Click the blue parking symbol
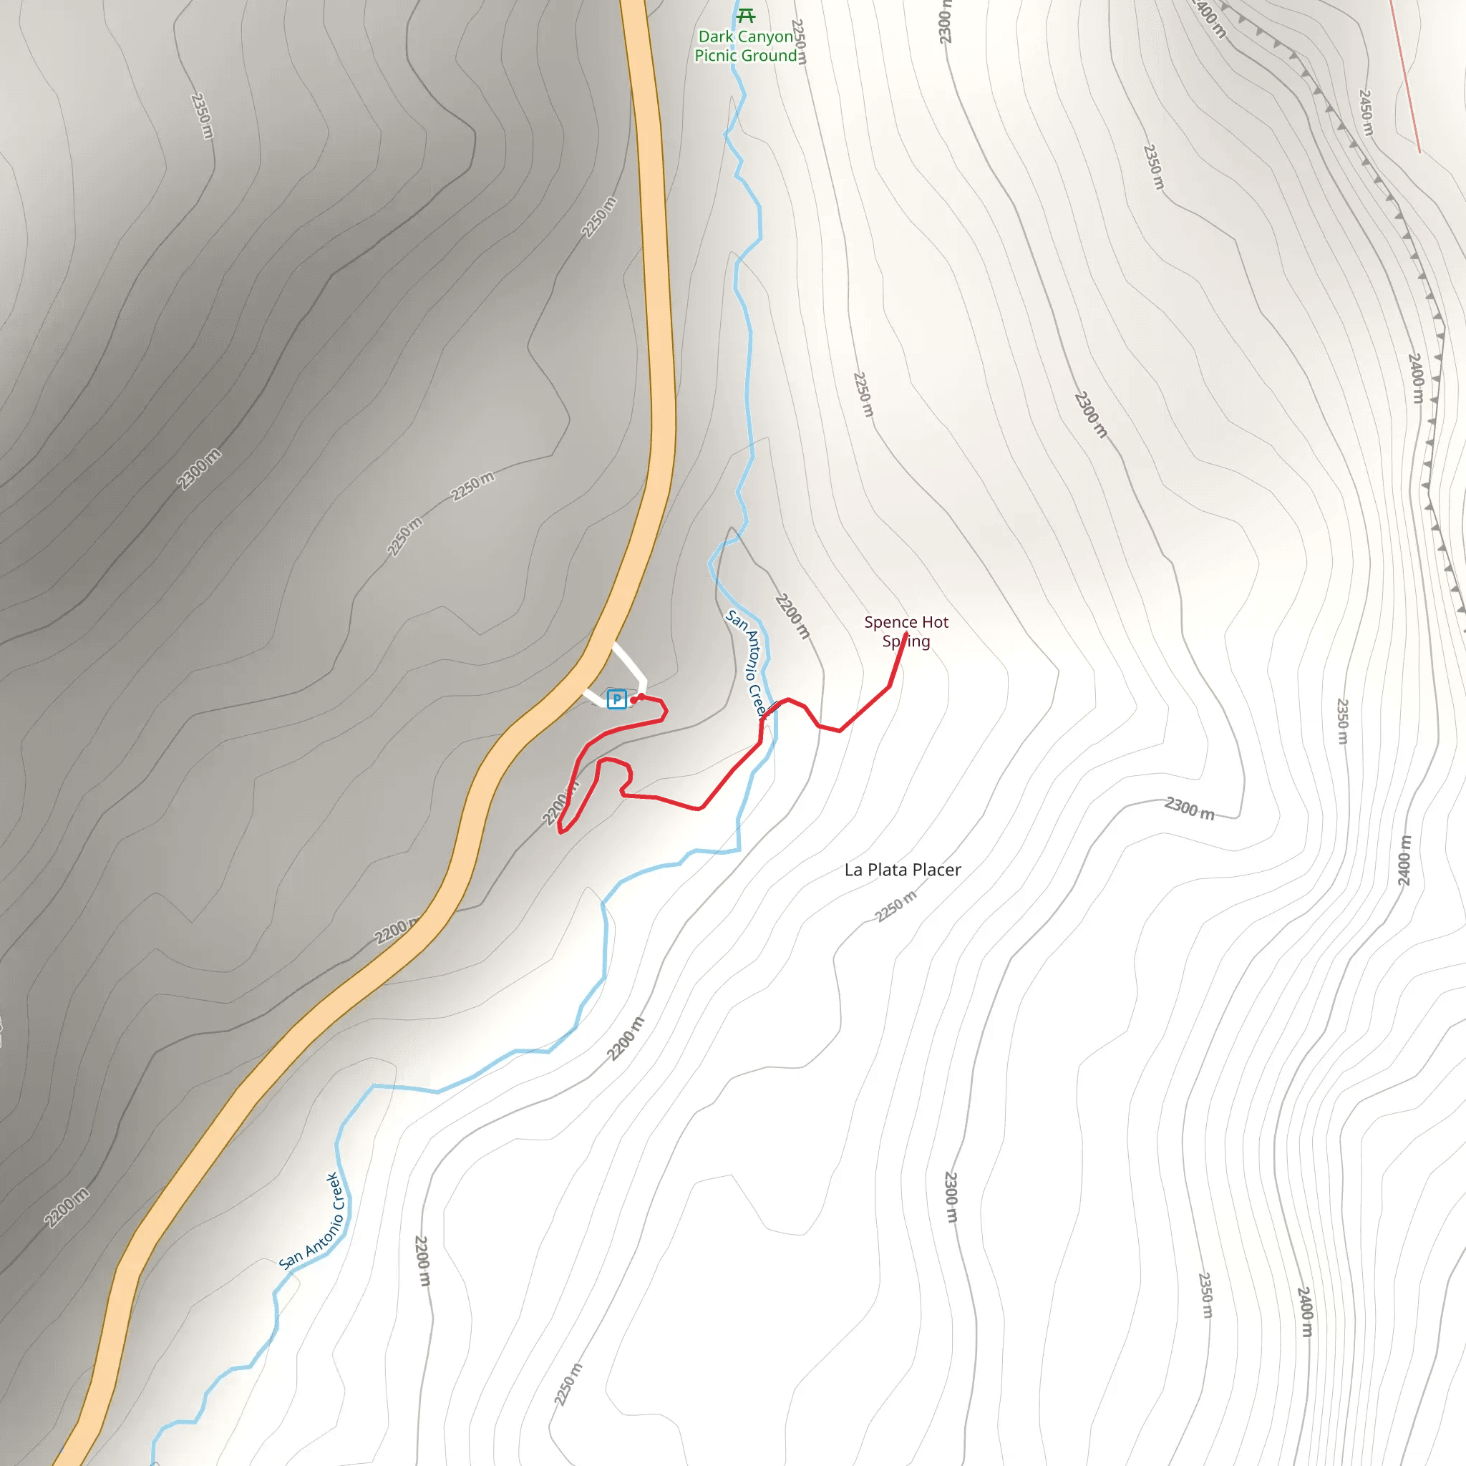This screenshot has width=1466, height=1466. click(616, 699)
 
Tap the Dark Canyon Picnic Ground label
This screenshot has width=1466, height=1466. click(746, 47)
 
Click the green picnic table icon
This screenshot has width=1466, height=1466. click(746, 16)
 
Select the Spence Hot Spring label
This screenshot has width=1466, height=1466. click(906, 631)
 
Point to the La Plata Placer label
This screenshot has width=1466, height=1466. click(902, 870)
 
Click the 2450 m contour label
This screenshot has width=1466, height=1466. click(1366, 112)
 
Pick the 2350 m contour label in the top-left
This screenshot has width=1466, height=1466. click(202, 116)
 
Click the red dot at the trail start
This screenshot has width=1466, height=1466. click(634, 699)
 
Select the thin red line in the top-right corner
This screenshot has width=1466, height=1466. click(1405, 76)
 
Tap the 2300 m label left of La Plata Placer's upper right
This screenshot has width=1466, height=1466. click(1190, 809)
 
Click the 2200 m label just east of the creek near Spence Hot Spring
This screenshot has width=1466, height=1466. click(792, 616)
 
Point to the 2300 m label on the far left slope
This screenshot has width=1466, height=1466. click(199, 469)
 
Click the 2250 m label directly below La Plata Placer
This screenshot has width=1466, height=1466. click(896, 906)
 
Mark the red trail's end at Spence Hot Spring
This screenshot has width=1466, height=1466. click(906, 634)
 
